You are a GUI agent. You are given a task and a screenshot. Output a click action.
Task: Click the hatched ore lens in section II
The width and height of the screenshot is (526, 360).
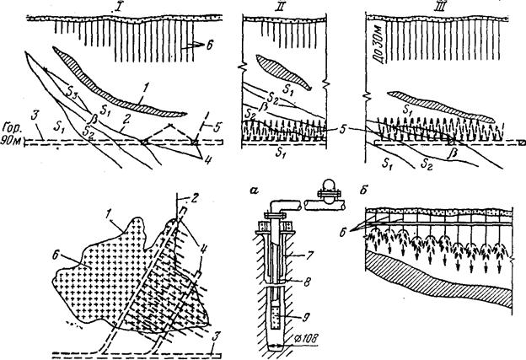[x=283, y=70]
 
